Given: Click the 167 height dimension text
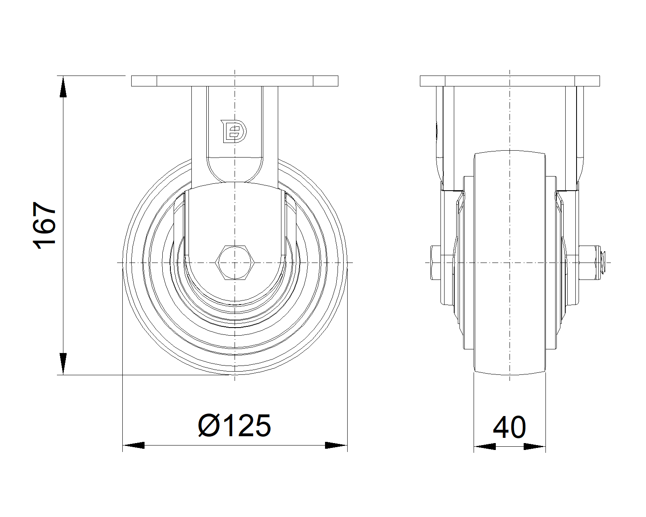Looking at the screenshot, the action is pyautogui.click(x=44, y=226).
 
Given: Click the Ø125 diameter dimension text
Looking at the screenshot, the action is pyautogui.click(x=235, y=426).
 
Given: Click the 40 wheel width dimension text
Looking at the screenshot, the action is pyautogui.click(x=510, y=427).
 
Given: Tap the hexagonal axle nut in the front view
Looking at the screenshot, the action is pyautogui.click(x=235, y=263).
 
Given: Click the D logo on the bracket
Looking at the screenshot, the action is pyautogui.click(x=234, y=131).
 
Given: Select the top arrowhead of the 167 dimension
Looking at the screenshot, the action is pyautogui.click(x=63, y=87).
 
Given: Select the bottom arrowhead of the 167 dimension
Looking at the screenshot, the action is pyautogui.click(x=63, y=364).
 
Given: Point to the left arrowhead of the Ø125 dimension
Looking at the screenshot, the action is pyautogui.click(x=134, y=445).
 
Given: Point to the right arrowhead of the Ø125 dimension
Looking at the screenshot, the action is pyautogui.click(x=336, y=445).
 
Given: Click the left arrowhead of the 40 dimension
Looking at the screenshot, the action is pyautogui.click(x=485, y=446).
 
